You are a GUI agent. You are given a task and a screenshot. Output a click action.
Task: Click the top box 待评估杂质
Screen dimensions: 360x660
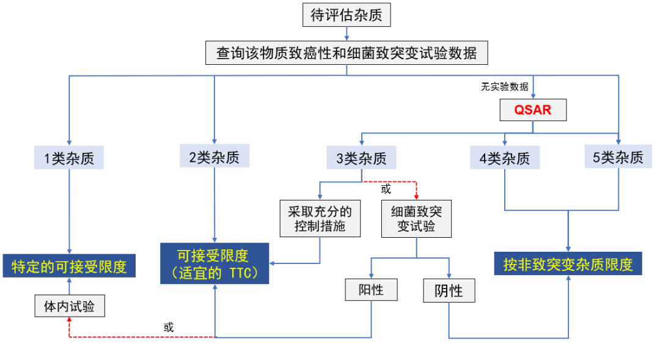pos(346,15)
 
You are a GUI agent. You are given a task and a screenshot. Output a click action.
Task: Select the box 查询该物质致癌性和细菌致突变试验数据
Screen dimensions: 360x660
pos(346,53)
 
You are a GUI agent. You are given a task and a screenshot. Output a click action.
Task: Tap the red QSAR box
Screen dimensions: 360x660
pos(533,110)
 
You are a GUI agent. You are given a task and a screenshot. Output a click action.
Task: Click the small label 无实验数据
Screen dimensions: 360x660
pos(505,87)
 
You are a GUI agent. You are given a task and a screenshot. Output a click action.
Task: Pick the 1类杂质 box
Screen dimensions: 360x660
pos(69,158)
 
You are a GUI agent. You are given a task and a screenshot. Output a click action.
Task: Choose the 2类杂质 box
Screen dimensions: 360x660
pos(214,157)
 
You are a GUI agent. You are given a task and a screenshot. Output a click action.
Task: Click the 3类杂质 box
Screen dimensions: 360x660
pos(361,158)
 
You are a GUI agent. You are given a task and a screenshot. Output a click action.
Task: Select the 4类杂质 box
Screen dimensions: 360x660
pos(505,158)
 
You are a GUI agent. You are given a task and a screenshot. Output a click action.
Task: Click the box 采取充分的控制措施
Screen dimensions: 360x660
pos(320,219)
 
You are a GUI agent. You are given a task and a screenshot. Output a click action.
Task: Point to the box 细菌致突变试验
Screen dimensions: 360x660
pos(416,219)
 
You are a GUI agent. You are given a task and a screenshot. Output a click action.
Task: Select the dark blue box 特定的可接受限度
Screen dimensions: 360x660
pos(68,266)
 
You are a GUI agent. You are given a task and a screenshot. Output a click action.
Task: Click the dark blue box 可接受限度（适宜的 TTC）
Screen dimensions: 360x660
pos(214,263)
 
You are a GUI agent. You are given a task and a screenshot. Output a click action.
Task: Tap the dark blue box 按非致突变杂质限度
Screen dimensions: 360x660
pos(568,264)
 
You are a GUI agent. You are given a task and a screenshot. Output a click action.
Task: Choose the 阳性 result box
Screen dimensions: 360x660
pos(371,290)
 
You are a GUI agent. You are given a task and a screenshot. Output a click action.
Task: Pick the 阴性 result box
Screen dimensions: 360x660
pos(449,291)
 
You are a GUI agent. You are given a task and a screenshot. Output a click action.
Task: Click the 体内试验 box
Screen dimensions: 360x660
pos(68,306)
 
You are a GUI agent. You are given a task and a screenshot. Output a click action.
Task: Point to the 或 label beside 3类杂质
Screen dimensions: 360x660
pos(386,189)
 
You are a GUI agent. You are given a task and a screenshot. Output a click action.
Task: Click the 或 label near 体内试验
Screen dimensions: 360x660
pos(169,328)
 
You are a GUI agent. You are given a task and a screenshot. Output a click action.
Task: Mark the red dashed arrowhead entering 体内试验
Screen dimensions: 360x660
pos(68,321)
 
